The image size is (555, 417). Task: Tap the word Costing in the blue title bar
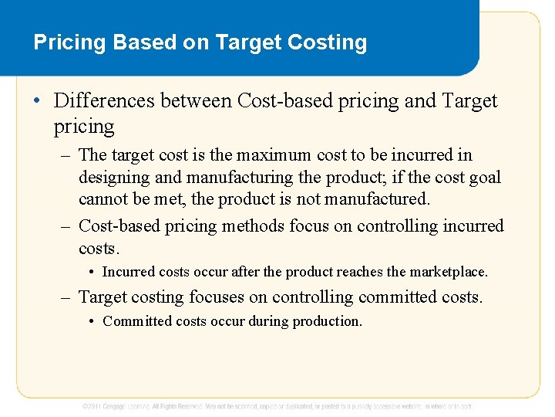(x=328, y=42)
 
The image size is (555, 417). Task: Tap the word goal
(x=483, y=178)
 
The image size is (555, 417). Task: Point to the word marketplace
(x=449, y=272)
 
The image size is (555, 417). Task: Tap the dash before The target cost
(x=66, y=155)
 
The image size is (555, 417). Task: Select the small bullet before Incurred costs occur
(x=92, y=272)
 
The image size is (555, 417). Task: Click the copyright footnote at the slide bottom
(x=277, y=405)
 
